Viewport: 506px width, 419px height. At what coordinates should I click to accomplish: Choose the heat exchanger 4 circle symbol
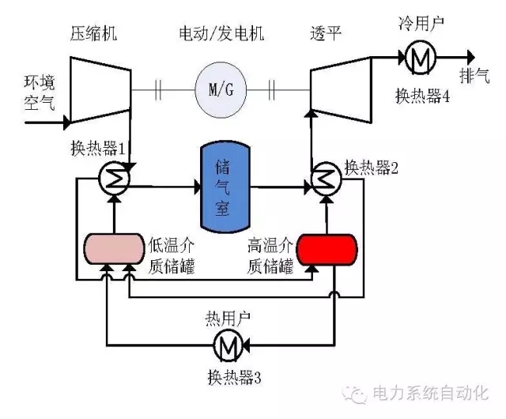417,57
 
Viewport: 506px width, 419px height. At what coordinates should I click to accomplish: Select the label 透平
326,35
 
